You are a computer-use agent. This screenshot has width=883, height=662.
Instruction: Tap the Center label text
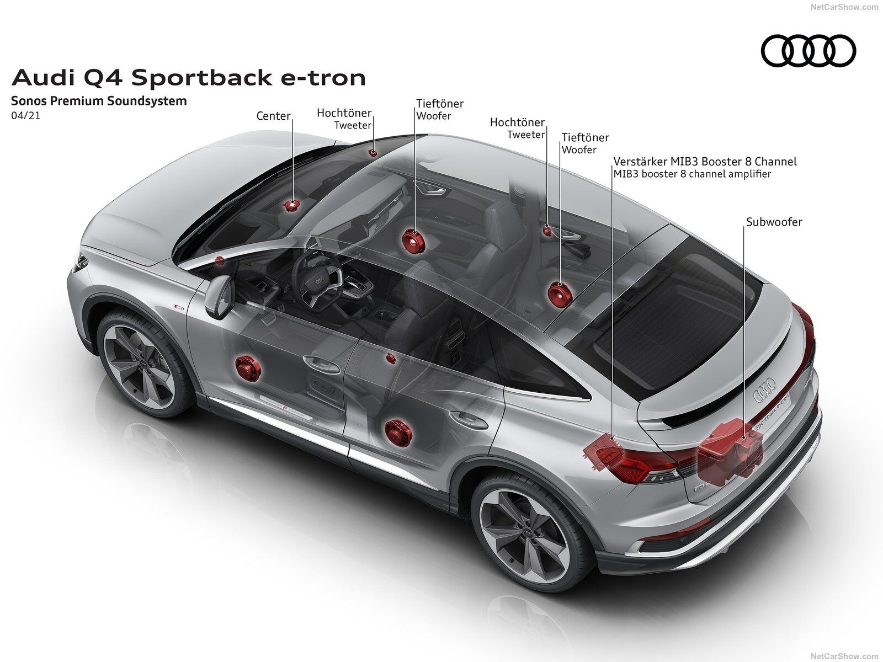coord(273,116)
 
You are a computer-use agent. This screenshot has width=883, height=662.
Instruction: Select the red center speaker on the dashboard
coord(291,205)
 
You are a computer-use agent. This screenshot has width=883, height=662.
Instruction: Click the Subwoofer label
coord(774,222)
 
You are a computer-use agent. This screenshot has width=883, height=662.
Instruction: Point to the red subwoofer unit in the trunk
coord(730,450)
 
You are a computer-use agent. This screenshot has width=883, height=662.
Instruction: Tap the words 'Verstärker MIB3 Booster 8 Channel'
coord(705,162)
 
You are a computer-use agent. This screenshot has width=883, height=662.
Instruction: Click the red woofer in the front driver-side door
coord(247,368)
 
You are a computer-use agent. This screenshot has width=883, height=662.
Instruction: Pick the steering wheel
coord(317,279)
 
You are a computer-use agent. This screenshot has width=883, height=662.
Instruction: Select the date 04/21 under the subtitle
coord(25,116)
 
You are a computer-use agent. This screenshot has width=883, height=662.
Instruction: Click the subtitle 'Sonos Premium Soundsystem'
coord(99,100)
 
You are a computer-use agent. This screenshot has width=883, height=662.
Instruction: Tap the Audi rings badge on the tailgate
coord(764,389)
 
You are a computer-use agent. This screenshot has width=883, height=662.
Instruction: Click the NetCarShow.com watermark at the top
coord(844,7)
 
